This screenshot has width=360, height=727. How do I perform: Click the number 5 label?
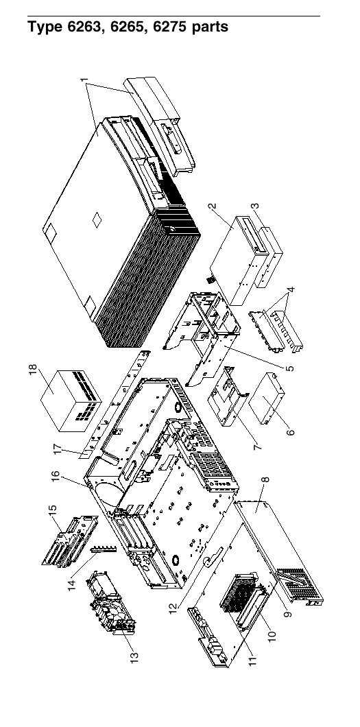pyautogui.click(x=289, y=368)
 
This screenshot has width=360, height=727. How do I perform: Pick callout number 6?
pyautogui.click(x=291, y=432)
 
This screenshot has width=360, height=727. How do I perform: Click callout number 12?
pyautogui.click(x=173, y=608)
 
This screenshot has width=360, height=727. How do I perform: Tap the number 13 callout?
pyautogui.click(x=134, y=658)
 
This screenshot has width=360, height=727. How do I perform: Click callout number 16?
pyautogui.click(x=56, y=477)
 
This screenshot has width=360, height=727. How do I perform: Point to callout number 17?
pyautogui.click(x=58, y=449)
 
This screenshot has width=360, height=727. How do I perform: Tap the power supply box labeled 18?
pyautogui.click(x=71, y=401)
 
